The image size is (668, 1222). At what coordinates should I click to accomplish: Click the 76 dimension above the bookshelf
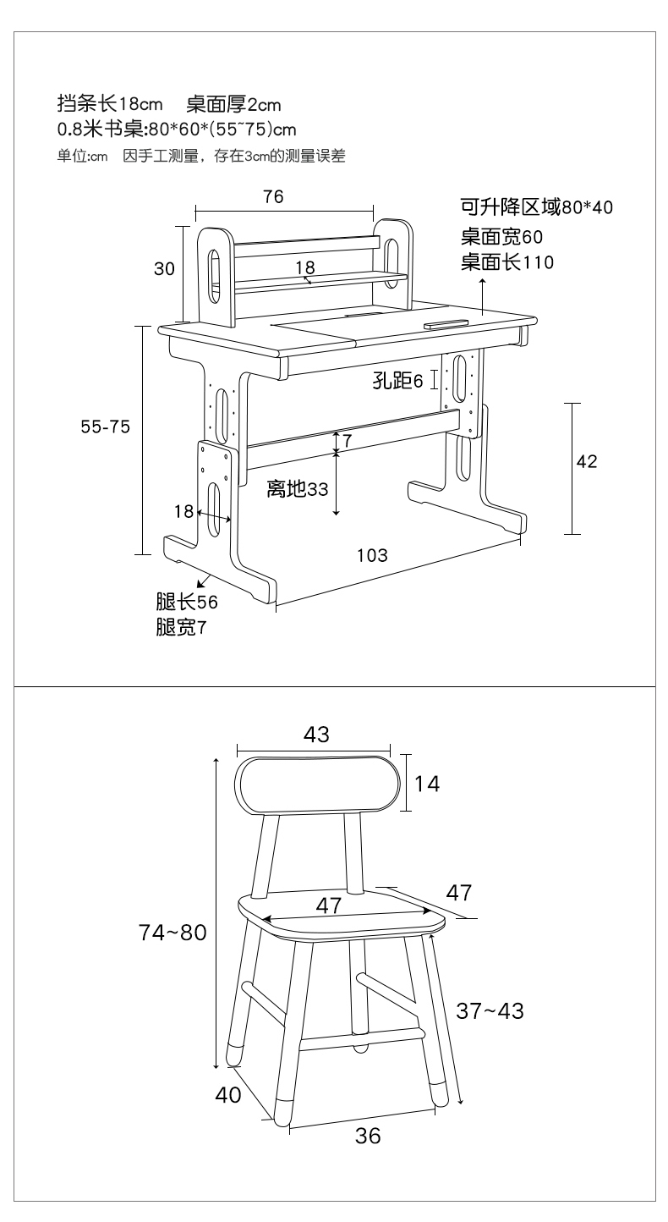tap(273, 196)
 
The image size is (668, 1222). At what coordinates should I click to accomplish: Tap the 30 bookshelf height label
tap(164, 268)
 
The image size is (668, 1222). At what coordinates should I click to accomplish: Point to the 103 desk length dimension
tap(372, 555)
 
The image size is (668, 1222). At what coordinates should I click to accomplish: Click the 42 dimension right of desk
tap(587, 461)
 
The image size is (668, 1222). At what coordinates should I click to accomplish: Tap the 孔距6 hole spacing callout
tap(398, 380)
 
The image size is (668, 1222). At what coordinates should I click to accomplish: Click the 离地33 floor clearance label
tap(297, 489)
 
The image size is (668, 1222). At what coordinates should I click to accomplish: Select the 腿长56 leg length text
tap(187, 603)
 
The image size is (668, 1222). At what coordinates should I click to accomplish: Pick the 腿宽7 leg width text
tap(182, 627)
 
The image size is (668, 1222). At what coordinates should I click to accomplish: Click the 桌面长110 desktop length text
tap(507, 262)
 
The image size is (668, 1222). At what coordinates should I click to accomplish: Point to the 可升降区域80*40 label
tap(537, 207)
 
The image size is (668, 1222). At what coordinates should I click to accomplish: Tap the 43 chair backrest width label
tap(317, 735)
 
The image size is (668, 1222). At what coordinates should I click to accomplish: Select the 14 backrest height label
tap(427, 784)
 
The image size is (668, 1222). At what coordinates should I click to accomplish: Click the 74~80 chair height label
tap(172, 933)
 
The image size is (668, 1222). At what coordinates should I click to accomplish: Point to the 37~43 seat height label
tap(490, 1011)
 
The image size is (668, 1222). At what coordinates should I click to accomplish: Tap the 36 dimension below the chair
tap(368, 1136)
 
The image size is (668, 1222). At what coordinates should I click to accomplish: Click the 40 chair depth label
tap(228, 1095)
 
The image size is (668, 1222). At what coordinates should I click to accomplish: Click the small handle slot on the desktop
tap(446, 325)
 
